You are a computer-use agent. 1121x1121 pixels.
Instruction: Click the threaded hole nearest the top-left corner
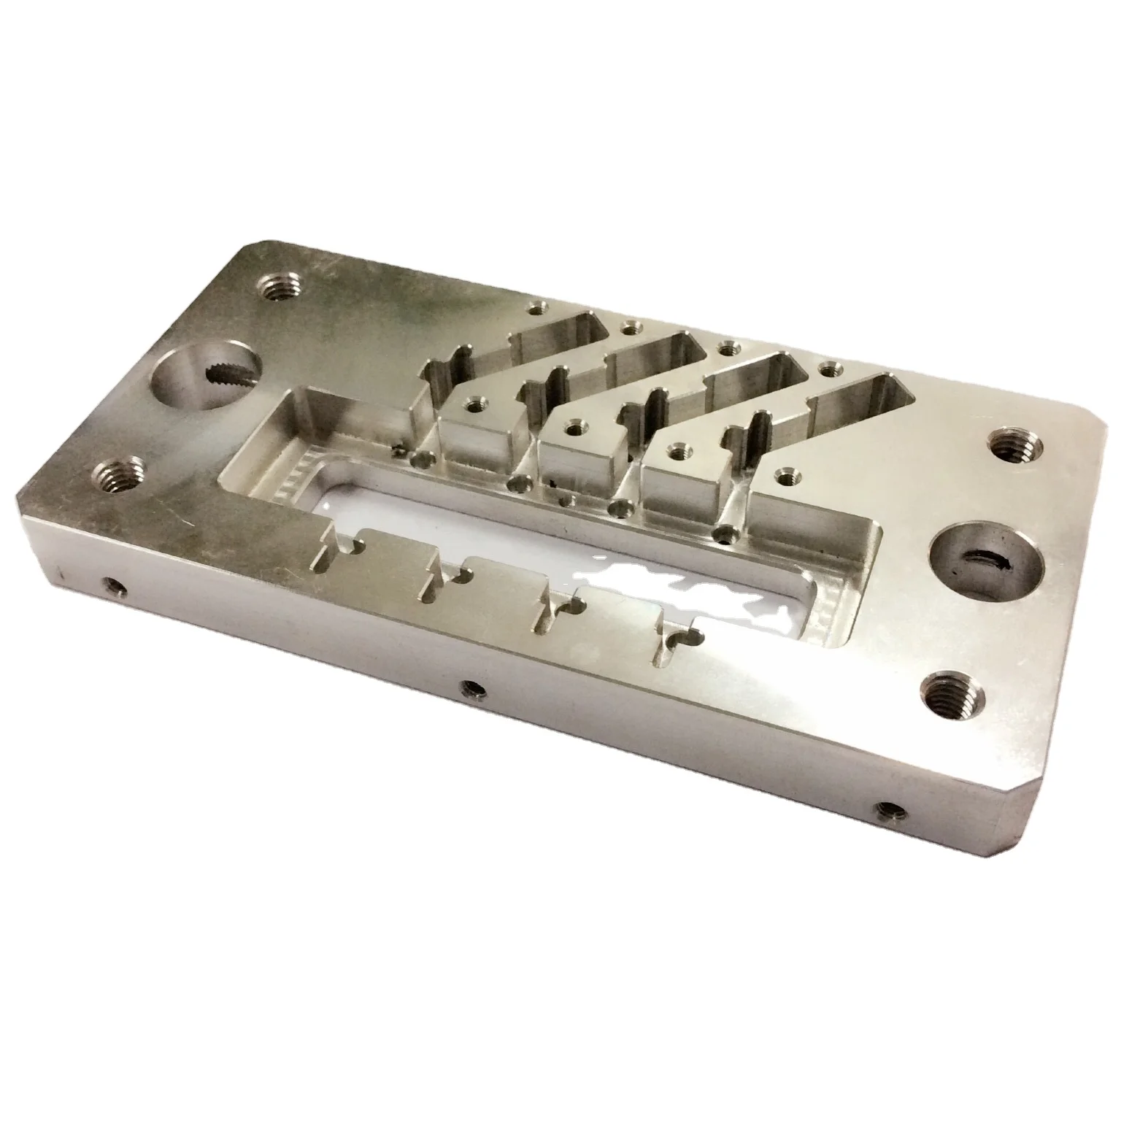click(x=276, y=288)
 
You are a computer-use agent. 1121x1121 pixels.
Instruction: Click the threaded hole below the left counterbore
click(x=125, y=472)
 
